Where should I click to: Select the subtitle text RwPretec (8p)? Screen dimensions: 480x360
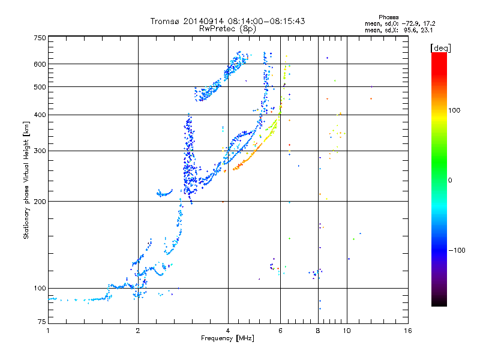(227, 29)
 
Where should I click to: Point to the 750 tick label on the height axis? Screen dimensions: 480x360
(40, 38)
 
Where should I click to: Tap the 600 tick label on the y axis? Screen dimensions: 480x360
(40, 64)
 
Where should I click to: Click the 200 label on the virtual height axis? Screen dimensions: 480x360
(40, 202)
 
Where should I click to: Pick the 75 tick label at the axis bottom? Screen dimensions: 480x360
(42, 322)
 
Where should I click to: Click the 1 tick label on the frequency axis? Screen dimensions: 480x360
(48, 331)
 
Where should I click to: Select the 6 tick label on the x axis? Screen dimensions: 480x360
(280, 331)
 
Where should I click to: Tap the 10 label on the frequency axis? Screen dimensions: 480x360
(347, 331)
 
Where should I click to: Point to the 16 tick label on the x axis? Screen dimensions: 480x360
(408, 331)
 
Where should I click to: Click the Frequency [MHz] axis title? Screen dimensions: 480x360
(227, 338)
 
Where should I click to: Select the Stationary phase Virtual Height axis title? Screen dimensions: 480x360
(26, 181)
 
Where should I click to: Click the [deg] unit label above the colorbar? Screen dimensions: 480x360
(440, 48)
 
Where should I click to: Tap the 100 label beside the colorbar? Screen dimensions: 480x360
(454, 110)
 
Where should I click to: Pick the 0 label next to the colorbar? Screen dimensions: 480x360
(450, 181)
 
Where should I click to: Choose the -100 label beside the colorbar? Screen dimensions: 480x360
(457, 250)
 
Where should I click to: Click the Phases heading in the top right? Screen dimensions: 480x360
(388, 17)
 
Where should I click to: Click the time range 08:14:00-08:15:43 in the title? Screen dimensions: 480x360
(266, 21)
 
